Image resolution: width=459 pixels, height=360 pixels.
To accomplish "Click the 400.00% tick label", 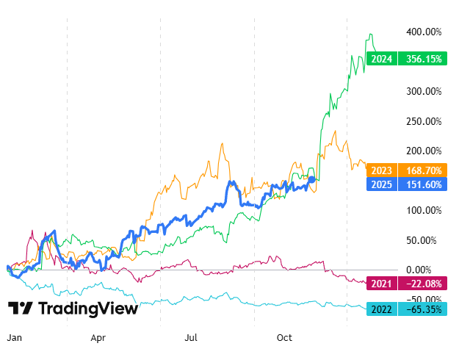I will (x=423, y=32).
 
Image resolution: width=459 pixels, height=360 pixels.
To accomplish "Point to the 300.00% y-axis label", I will (x=423, y=92).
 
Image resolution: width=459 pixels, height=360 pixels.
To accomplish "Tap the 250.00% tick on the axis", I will (x=423, y=121).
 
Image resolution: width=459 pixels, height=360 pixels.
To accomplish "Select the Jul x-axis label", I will (x=192, y=337).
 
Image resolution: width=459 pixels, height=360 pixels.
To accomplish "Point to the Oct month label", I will (x=284, y=337).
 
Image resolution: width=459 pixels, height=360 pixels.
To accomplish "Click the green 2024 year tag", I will (x=383, y=59).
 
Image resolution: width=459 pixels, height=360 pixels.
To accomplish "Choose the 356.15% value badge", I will (x=422, y=59).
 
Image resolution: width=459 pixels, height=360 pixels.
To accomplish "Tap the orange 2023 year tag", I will (x=383, y=170).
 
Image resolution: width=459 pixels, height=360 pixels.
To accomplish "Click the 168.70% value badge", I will (x=422, y=170).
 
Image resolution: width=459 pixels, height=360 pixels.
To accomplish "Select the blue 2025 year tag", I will (x=383, y=184).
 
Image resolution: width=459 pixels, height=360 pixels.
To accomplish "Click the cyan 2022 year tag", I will (x=383, y=309).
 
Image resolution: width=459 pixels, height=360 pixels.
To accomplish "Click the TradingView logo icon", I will (x=20, y=309).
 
